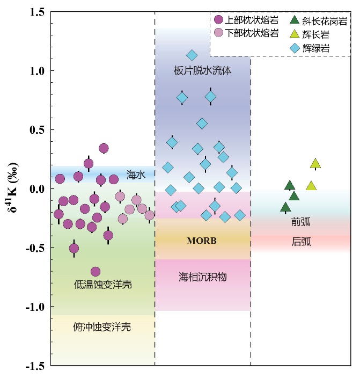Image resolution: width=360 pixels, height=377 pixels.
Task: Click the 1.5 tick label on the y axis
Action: pos(35,12)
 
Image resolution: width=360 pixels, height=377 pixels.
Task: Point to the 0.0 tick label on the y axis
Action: pos(35,189)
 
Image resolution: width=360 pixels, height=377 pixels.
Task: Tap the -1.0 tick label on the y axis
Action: pos(33,307)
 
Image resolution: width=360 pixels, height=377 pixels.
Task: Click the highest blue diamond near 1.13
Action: pos(192,55)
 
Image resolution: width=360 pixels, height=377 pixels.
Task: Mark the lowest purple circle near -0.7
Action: pos(95,272)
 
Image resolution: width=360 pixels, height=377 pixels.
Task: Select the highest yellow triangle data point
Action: pos(315,164)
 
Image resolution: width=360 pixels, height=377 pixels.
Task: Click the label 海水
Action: pos(136,175)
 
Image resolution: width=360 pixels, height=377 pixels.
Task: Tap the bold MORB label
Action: pos(202,241)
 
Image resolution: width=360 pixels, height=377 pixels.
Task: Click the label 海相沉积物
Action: pos(203,277)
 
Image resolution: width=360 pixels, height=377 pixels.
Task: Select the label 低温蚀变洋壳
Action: pos(102,285)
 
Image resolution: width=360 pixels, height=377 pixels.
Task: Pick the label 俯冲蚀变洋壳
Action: pos(102,327)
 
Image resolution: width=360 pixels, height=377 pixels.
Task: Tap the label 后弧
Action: pos(301,242)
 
